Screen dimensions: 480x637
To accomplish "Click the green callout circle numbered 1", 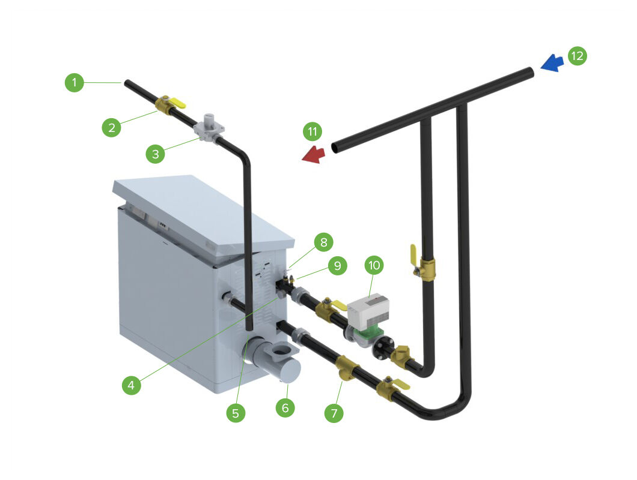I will pos(74,83).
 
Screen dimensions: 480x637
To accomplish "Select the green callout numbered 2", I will pos(111,127).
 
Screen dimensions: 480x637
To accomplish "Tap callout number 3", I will pos(155,154).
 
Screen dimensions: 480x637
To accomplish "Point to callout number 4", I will pos(132,385).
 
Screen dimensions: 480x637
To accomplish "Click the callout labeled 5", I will pos(235,413).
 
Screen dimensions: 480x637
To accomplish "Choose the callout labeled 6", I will pos(285,407).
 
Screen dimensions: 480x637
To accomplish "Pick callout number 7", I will pos(335,413).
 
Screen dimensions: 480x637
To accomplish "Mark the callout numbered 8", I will pos(323,242).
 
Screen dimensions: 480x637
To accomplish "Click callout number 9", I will pos(338,266).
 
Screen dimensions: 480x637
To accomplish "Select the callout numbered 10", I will pos(375,264).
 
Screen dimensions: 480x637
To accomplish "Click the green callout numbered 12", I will pos(576,56).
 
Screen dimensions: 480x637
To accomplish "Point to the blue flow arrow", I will pos(551,62).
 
